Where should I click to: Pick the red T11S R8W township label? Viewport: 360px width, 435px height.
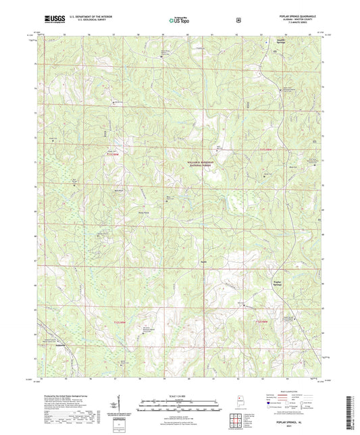[x=268, y=149]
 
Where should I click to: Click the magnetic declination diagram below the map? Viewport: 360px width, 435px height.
[x=120, y=405]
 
